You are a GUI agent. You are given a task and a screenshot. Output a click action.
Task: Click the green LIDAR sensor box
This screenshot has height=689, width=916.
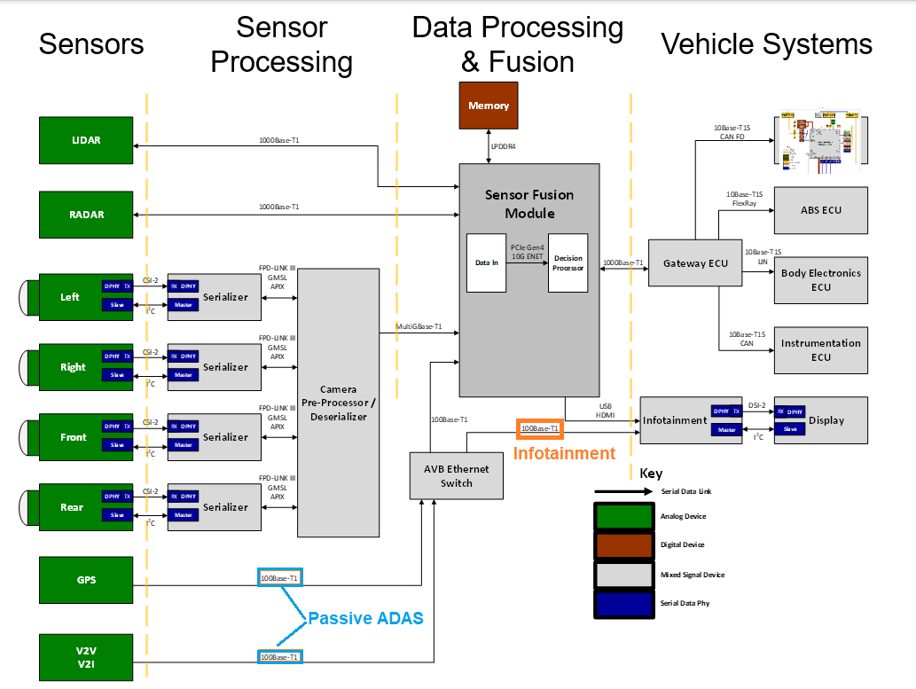86,140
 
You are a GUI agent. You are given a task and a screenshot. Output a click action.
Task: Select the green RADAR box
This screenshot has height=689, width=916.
86,215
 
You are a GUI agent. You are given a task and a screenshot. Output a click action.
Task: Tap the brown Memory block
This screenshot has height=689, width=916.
489,106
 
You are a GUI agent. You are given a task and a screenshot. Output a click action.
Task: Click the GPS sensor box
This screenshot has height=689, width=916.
86,580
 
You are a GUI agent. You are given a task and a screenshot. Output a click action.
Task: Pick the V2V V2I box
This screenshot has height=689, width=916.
86,657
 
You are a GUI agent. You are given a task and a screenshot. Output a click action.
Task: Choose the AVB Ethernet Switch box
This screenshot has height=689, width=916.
456,475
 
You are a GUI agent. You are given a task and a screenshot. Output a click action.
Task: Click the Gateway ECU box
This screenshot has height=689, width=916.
694,263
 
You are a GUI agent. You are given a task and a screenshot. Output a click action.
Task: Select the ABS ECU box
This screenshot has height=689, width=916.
820,210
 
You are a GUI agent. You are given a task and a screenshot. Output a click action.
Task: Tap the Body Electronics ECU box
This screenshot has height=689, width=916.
820,280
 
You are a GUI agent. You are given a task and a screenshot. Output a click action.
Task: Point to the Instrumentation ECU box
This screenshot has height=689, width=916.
820,349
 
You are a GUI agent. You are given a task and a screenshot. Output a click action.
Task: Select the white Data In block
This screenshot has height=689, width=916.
487,263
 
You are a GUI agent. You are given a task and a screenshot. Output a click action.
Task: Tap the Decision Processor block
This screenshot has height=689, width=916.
568,263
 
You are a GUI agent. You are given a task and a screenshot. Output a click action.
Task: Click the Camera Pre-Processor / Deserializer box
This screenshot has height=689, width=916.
338,403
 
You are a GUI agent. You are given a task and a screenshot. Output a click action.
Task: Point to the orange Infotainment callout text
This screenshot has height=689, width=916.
564,454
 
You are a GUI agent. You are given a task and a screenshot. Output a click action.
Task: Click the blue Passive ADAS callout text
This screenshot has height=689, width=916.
365,618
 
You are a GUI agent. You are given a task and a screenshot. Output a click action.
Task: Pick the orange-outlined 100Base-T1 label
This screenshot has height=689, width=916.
540,429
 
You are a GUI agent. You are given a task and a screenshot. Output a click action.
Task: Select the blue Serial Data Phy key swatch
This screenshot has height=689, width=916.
622,604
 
